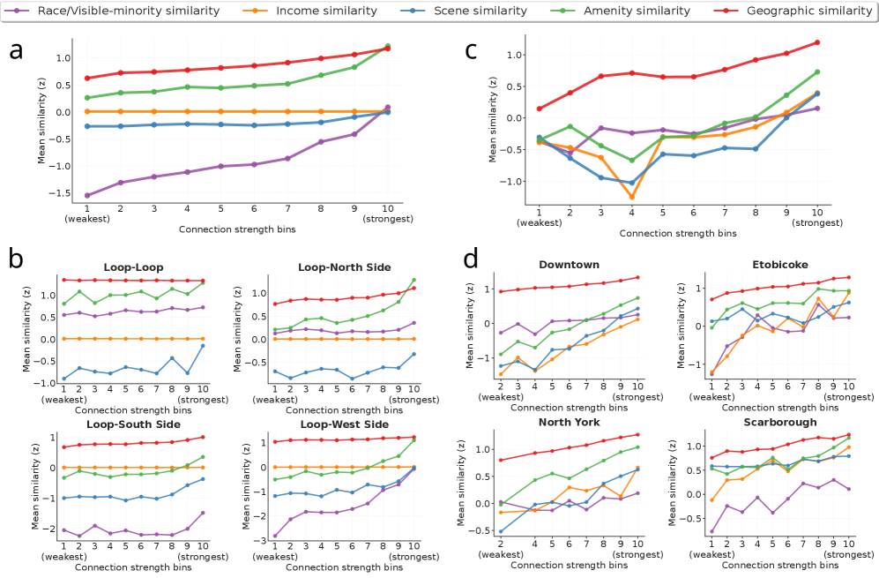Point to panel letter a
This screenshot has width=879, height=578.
pyautogui.click(x=16, y=50)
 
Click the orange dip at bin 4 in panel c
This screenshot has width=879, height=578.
pyautogui.click(x=630, y=197)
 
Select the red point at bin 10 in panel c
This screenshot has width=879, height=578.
pyautogui.click(x=817, y=42)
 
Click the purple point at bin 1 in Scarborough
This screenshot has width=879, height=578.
pyautogui.click(x=711, y=531)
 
